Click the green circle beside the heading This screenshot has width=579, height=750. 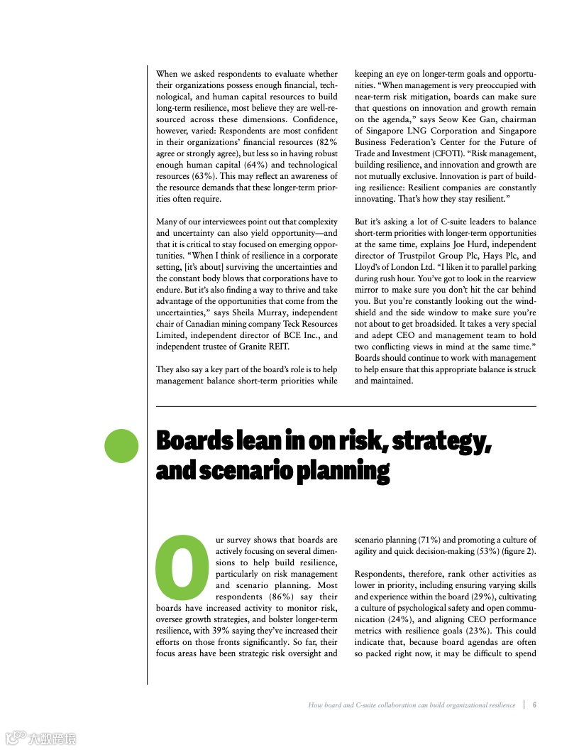click(121, 445)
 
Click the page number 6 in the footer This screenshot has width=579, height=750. click(534, 705)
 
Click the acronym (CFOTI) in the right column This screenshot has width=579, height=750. click(456, 153)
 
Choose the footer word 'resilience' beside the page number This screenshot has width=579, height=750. click(499, 705)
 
